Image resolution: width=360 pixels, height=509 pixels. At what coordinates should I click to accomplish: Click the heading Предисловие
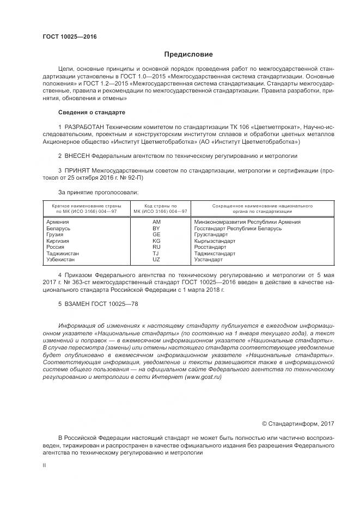coord(189,54)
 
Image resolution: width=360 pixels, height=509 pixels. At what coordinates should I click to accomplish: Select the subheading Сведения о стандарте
coord(91,113)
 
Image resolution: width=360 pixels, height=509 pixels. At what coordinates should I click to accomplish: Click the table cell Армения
coord(58,222)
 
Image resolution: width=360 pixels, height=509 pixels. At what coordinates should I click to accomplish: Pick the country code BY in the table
coord(157,229)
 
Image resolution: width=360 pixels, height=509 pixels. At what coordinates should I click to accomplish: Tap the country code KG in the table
coord(157,241)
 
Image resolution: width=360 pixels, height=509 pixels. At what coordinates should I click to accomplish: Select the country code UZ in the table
coord(157,260)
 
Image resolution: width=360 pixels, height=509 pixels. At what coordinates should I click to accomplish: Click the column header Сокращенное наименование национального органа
coord(254,209)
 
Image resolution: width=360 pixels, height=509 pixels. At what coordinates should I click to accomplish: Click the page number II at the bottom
coord(45,465)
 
